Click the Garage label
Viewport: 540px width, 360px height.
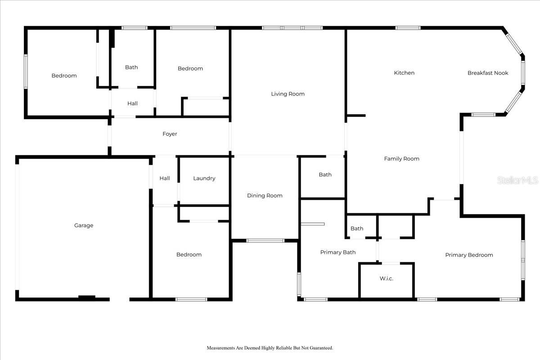84,225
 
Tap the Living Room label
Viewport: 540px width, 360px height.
288,94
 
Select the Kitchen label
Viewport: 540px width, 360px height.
404,73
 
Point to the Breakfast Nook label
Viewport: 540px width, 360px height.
488,73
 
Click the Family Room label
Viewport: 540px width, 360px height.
401,159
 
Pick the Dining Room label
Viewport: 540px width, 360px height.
265,196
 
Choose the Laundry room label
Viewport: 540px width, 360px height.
204,179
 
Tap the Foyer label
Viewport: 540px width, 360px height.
170,134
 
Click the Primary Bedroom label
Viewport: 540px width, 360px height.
469,255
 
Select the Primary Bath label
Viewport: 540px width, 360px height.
337,252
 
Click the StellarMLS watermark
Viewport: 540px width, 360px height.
517,180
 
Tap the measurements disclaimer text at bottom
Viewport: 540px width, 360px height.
270,348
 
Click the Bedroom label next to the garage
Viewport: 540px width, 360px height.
189,255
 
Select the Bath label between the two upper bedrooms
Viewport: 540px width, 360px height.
131,67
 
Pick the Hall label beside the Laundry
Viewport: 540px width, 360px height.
165,179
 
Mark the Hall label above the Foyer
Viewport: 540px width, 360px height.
132,103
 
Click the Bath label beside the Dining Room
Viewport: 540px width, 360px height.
325,175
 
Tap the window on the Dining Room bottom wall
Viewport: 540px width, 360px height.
265,241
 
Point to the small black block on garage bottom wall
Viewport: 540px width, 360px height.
87,297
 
